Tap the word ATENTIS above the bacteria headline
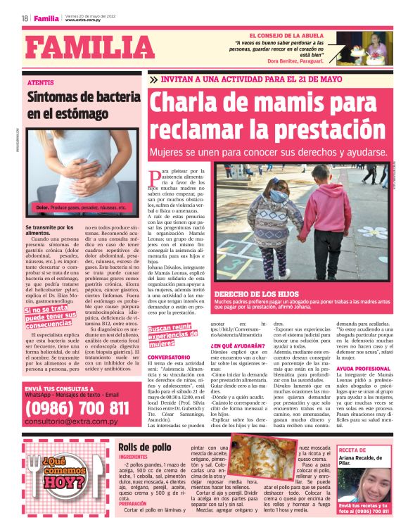[x=39, y=83]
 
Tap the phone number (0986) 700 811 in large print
[x=76, y=407]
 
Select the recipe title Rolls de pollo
[x=144, y=447]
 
